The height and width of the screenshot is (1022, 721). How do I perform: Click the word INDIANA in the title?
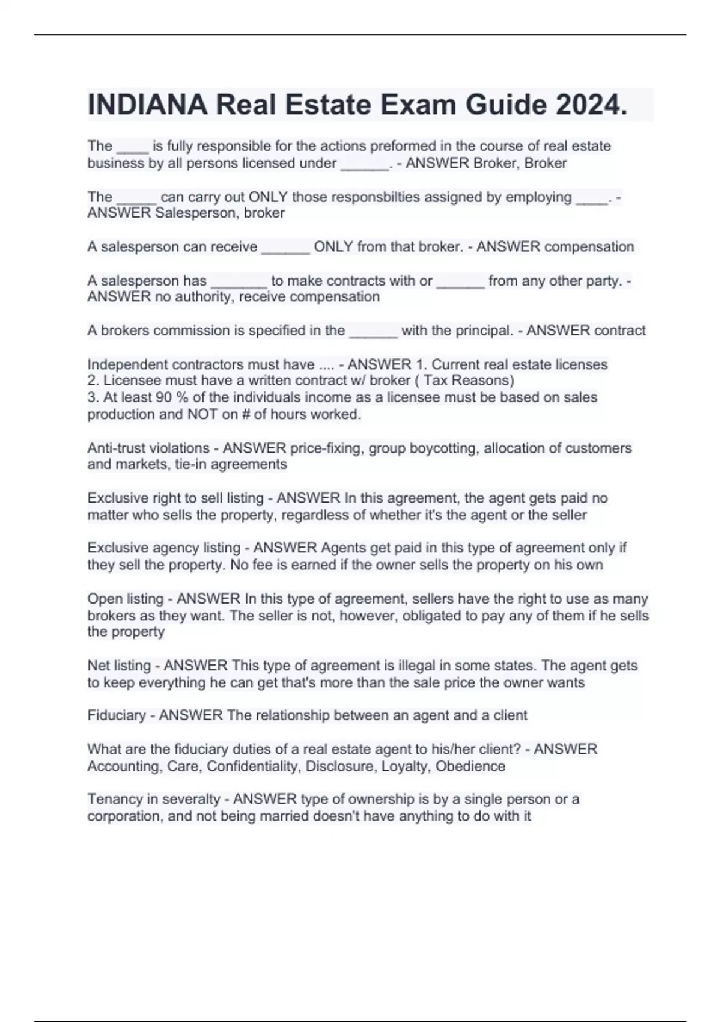tap(147, 105)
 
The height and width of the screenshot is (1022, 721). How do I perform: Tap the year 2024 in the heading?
tap(591, 105)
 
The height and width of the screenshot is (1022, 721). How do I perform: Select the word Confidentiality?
tap(254, 766)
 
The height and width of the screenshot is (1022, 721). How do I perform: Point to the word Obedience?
tap(470, 766)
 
